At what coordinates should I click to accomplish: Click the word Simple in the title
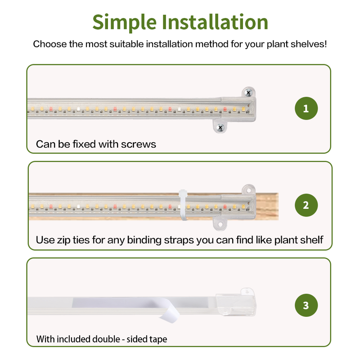tap(125, 22)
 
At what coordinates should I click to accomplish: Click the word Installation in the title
tap(215, 22)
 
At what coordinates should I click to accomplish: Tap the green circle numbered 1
tap(306, 108)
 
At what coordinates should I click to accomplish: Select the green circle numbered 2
tap(306, 205)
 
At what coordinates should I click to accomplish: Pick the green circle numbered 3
tap(306, 306)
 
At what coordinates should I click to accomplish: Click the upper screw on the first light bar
tap(248, 93)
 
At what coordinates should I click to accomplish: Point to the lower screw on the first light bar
tap(220, 128)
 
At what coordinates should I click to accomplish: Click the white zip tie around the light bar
tap(184, 205)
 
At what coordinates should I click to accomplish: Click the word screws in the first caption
tap(139, 144)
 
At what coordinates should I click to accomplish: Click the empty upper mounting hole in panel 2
tap(248, 190)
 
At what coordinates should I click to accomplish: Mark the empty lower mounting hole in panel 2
tap(220, 224)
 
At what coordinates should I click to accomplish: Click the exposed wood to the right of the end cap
tap(267, 207)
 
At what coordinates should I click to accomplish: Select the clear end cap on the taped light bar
tap(235, 302)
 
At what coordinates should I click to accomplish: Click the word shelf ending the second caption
tap(313, 240)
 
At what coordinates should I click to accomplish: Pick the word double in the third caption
tap(106, 339)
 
